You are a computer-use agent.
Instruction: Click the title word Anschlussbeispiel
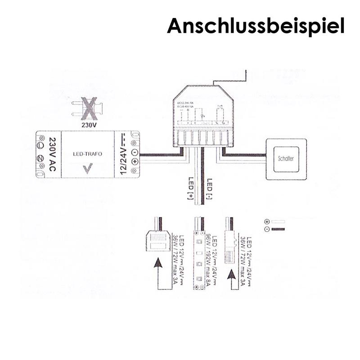(256, 26)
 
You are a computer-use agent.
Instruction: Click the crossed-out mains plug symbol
(87, 108)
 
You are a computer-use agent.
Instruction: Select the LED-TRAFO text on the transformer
(87, 154)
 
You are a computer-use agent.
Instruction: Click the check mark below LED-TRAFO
(87, 169)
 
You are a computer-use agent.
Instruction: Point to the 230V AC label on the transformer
(51, 154)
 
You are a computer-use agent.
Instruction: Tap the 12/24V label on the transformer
(122, 154)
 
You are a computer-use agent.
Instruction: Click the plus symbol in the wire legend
(267, 222)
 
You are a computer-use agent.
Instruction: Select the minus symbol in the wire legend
(267, 229)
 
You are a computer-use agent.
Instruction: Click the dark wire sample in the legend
(278, 229)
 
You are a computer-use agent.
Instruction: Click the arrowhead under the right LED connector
(232, 274)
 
